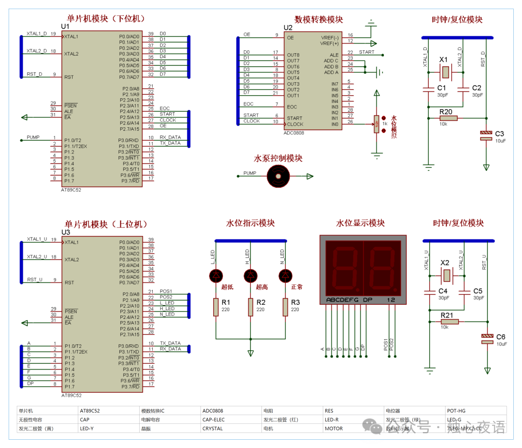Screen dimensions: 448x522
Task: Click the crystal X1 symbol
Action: (445, 73)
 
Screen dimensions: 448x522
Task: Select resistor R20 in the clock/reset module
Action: (446, 118)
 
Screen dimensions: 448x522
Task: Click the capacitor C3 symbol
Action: (486, 135)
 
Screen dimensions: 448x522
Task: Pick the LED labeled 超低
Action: (216, 276)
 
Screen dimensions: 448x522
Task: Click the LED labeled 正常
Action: (286, 276)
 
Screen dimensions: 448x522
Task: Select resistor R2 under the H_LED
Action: (250, 307)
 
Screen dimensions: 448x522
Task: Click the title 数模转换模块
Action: (319, 20)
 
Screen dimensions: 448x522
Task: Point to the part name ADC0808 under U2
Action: (294, 133)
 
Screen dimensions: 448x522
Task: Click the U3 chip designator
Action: (66, 232)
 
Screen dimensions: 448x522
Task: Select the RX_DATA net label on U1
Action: (170, 137)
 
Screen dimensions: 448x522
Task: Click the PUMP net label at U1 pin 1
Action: (33, 137)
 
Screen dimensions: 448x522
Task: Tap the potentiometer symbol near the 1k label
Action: (376, 124)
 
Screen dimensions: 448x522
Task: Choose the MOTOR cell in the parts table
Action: (333, 428)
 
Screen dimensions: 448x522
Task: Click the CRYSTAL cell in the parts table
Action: (213, 428)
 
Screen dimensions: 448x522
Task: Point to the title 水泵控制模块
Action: (278, 158)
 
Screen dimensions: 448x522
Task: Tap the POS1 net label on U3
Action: (166, 291)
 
